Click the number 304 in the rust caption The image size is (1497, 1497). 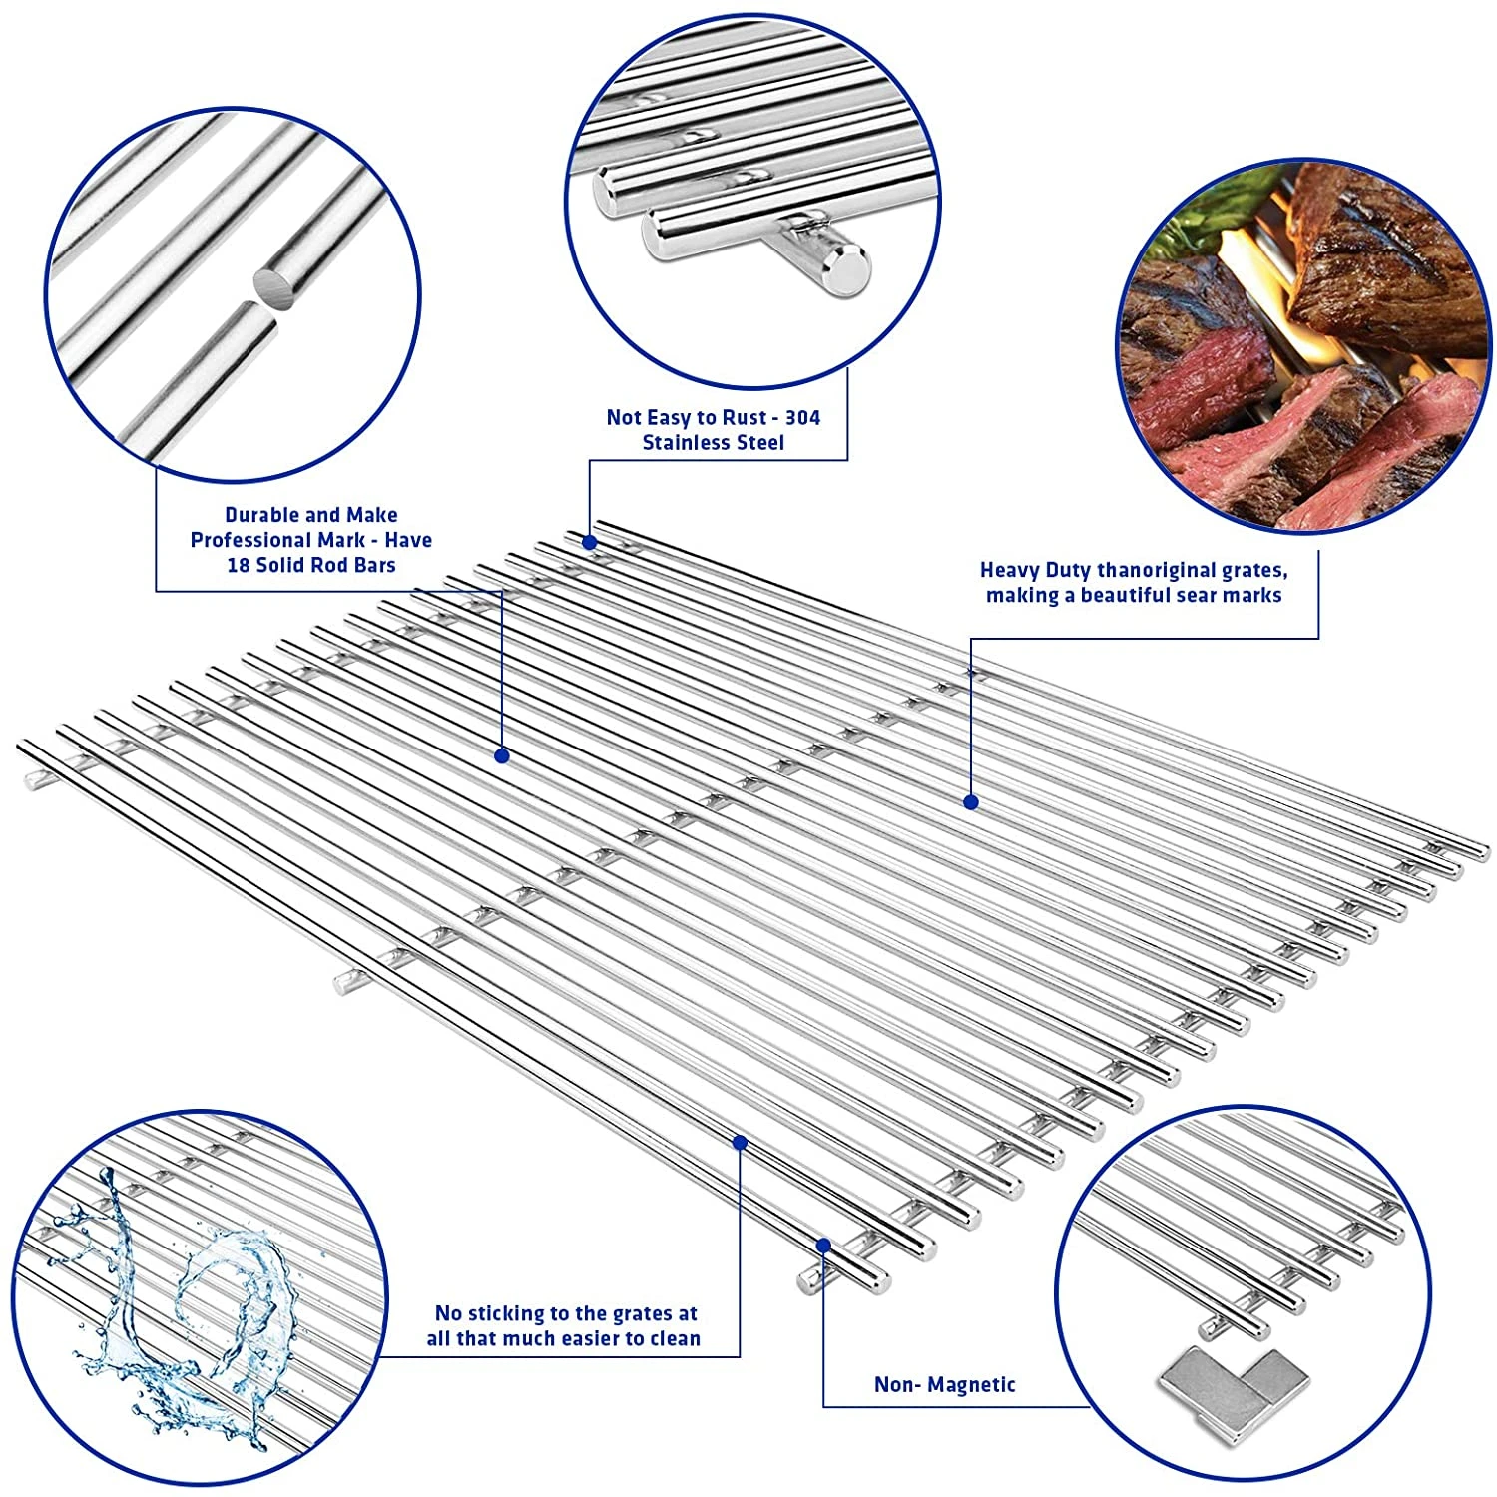[802, 417]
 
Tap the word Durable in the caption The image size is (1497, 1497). [261, 515]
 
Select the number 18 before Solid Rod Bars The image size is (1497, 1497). [239, 565]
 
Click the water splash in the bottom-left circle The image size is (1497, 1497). [190, 1297]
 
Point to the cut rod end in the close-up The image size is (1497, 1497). [278, 283]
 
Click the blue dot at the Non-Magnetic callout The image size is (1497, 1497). [823, 1245]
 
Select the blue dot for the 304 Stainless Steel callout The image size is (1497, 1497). [590, 542]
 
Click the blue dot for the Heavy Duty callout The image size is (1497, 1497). [970, 801]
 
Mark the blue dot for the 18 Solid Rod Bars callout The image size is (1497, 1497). [502, 756]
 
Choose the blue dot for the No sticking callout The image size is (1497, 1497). [740, 1142]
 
